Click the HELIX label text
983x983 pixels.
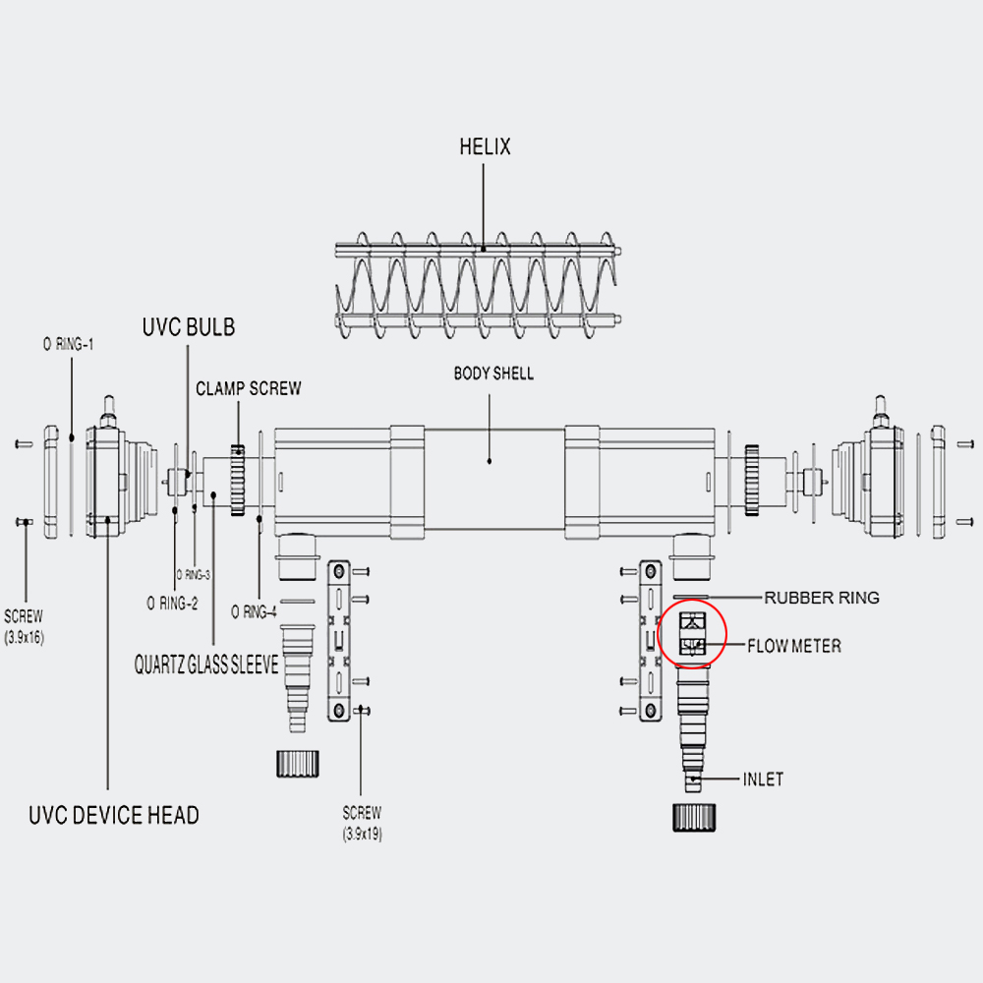tap(485, 146)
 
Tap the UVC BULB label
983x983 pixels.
tap(189, 327)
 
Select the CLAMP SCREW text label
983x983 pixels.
tap(249, 388)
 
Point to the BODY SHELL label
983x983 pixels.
tap(494, 374)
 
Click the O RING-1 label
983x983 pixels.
tap(69, 344)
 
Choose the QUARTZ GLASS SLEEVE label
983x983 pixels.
tap(206, 665)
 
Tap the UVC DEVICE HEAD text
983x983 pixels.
tap(114, 815)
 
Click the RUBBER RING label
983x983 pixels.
tap(821, 598)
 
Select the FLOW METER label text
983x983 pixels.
tap(794, 646)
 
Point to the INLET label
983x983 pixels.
tap(763, 780)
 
